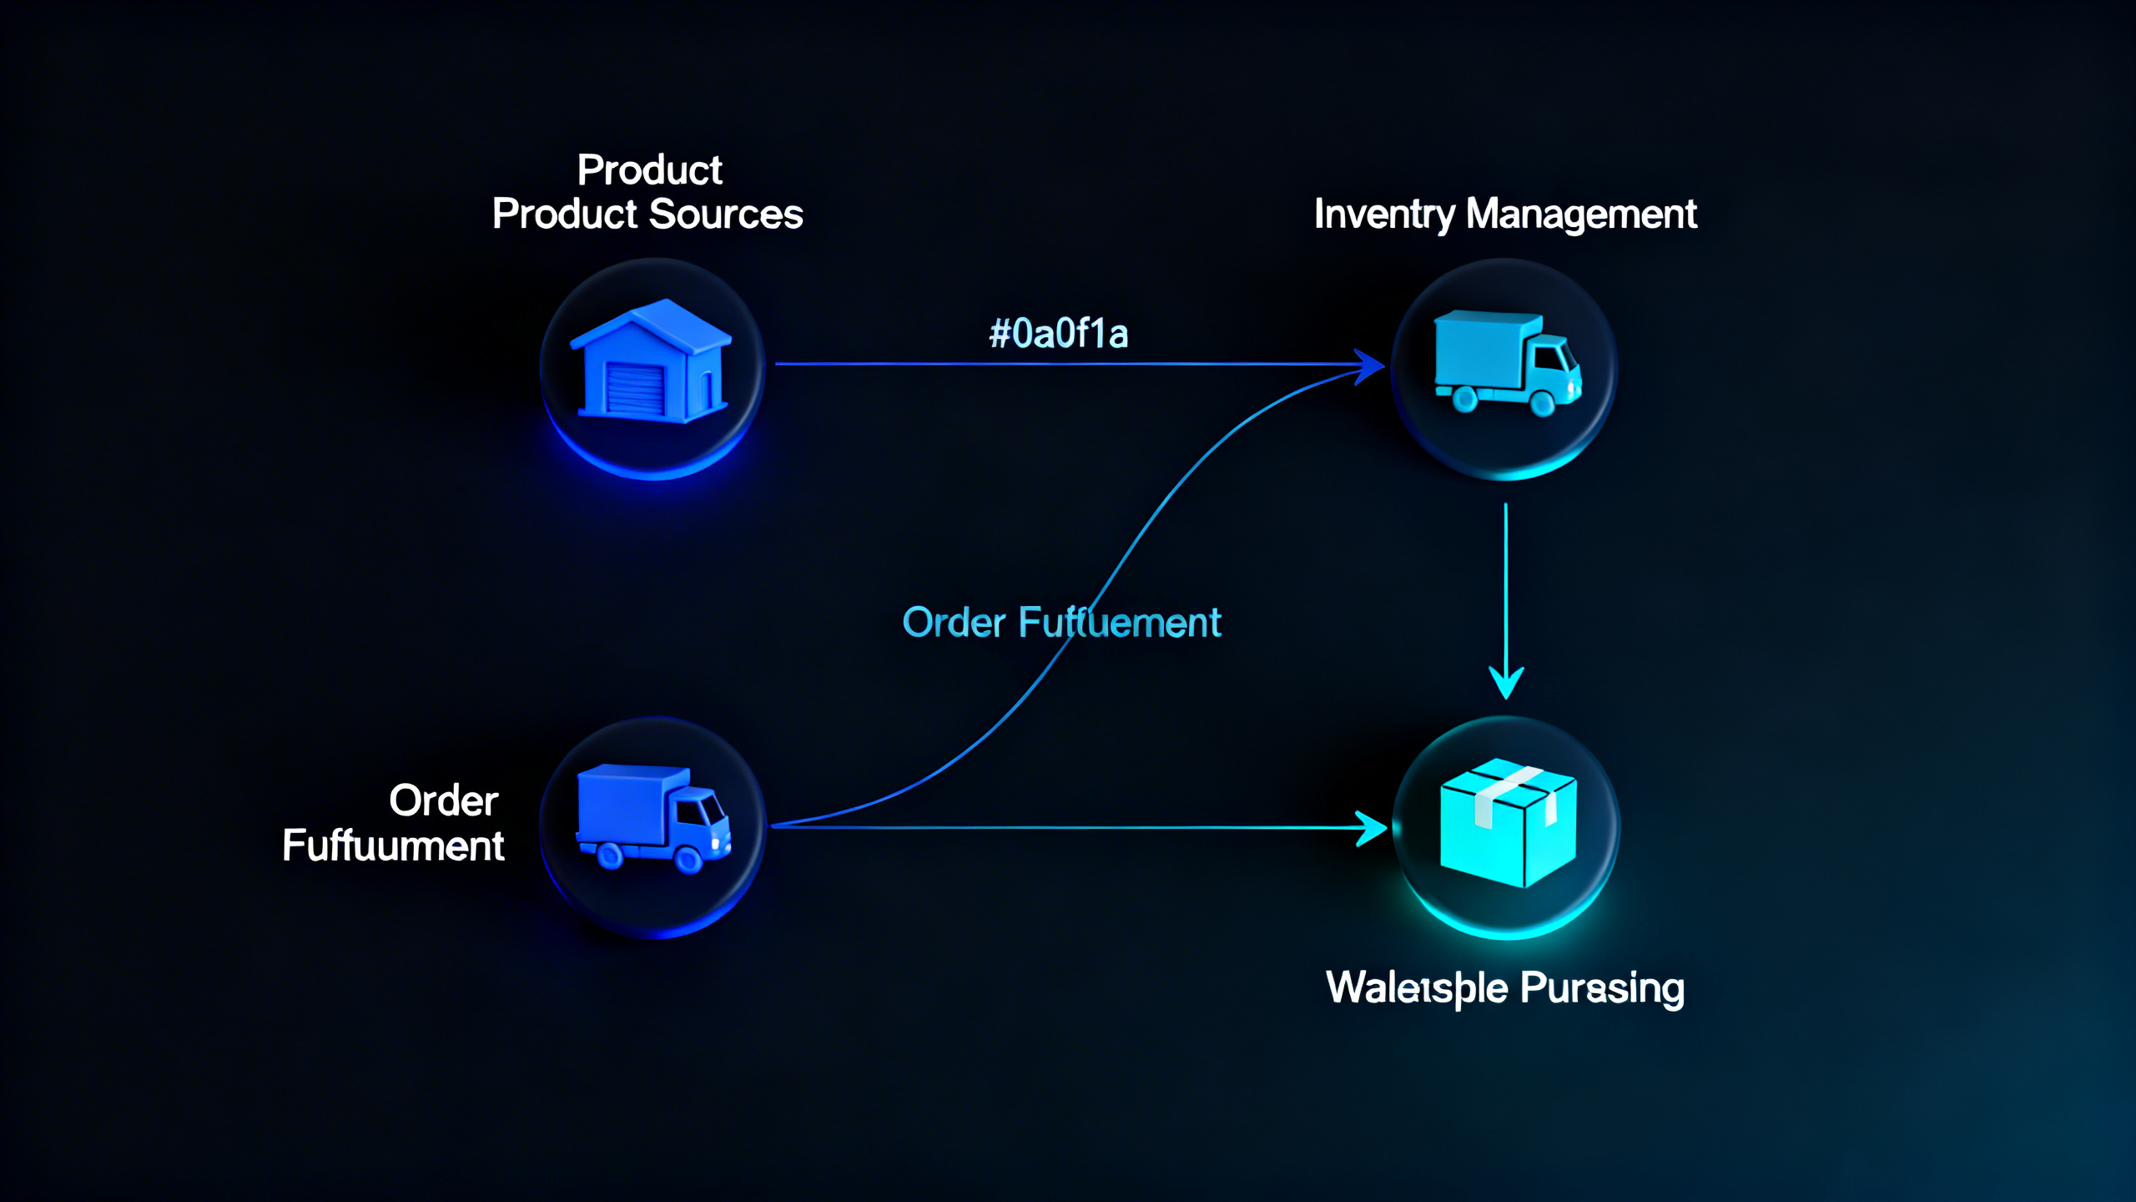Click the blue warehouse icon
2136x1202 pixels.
pyautogui.click(x=650, y=362)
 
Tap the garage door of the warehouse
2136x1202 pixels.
pyautogui.click(x=635, y=388)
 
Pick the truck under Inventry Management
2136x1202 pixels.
pyautogui.click(x=1506, y=362)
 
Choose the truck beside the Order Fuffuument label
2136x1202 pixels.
pyautogui.click(x=653, y=818)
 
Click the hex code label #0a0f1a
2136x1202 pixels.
pyautogui.click(x=1058, y=334)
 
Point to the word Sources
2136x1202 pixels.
pyautogui.click(x=725, y=215)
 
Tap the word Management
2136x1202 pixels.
pyautogui.click(x=1581, y=215)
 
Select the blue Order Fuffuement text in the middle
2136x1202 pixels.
pyautogui.click(x=1061, y=623)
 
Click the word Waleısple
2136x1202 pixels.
pyautogui.click(x=1416, y=988)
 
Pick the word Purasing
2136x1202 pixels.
pyautogui.click(x=1602, y=988)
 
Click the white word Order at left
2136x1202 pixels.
pyautogui.click(x=444, y=801)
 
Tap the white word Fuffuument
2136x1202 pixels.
pyautogui.click(x=393, y=846)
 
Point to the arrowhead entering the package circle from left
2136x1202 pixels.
pyautogui.click(x=1371, y=828)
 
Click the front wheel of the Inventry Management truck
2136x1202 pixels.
pyautogui.click(x=1542, y=404)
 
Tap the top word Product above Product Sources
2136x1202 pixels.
pyautogui.click(x=649, y=170)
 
